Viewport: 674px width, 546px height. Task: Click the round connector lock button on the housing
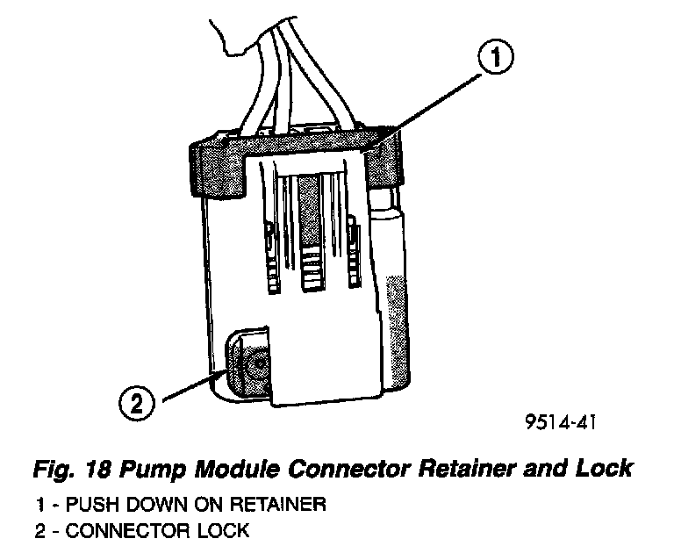[255, 368]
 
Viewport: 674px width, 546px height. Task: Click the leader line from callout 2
[190, 387]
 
